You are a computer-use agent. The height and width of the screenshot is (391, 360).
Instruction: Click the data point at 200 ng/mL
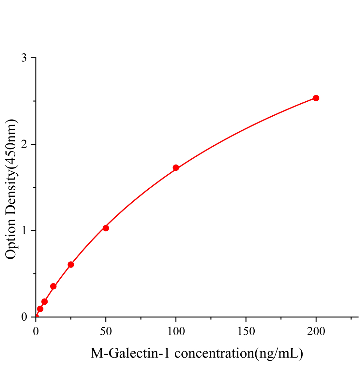pyautogui.click(x=316, y=98)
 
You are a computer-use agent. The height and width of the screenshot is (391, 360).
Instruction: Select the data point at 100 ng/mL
pyautogui.click(x=176, y=168)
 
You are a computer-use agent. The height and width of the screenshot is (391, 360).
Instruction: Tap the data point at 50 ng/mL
pyautogui.click(x=106, y=228)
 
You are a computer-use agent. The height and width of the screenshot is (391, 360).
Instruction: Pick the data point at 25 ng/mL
pyautogui.click(x=71, y=265)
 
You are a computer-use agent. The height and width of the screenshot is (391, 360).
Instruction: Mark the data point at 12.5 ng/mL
pyautogui.click(x=53, y=286)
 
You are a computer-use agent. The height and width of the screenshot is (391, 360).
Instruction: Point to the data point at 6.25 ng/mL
pyautogui.click(x=45, y=302)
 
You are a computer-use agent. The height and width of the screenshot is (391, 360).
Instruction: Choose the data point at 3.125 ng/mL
pyautogui.click(x=40, y=309)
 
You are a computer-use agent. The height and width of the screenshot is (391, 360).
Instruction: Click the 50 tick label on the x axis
pyautogui.click(x=106, y=331)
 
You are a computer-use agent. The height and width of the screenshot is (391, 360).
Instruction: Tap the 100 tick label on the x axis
pyautogui.click(x=176, y=331)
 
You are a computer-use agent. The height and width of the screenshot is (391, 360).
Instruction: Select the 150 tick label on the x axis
pyautogui.click(x=246, y=331)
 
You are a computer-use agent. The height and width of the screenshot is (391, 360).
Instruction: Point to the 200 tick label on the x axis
pyautogui.click(x=316, y=331)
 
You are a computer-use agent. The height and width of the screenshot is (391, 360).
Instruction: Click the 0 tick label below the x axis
pyautogui.click(x=36, y=331)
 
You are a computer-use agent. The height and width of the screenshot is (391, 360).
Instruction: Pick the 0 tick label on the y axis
pyautogui.click(x=24, y=317)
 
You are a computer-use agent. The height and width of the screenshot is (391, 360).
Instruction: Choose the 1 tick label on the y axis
pyautogui.click(x=24, y=231)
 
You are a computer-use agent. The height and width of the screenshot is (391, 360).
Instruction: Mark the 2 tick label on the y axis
pyautogui.click(x=24, y=144)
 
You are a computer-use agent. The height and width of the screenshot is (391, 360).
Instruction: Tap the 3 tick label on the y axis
pyautogui.click(x=24, y=58)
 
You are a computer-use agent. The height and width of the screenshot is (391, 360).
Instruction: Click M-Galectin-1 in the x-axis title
pyautogui.click(x=130, y=353)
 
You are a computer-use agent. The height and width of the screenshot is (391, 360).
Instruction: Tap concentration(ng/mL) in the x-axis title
pyautogui.click(x=238, y=353)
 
